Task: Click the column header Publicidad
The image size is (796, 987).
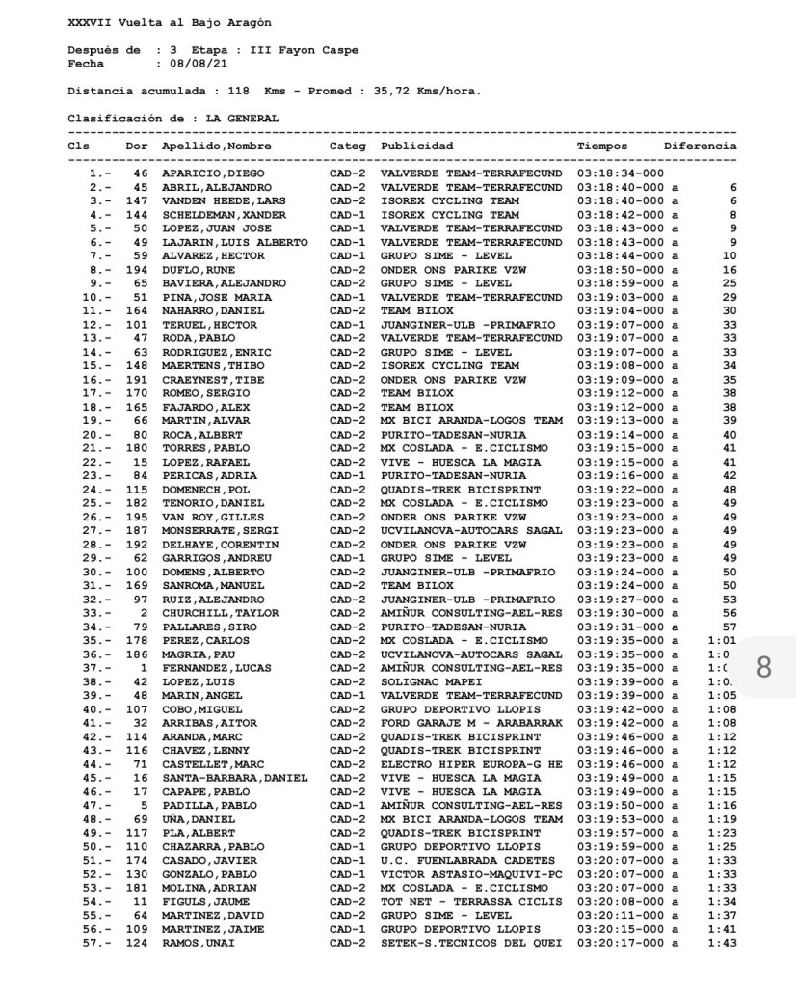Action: tap(417, 147)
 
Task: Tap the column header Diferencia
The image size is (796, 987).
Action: tap(701, 147)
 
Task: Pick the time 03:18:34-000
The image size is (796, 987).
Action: tap(621, 174)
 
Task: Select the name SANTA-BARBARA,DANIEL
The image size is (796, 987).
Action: tap(235, 778)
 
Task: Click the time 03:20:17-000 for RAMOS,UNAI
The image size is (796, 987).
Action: tap(621, 943)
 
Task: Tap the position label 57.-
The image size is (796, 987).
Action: tap(99, 943)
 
